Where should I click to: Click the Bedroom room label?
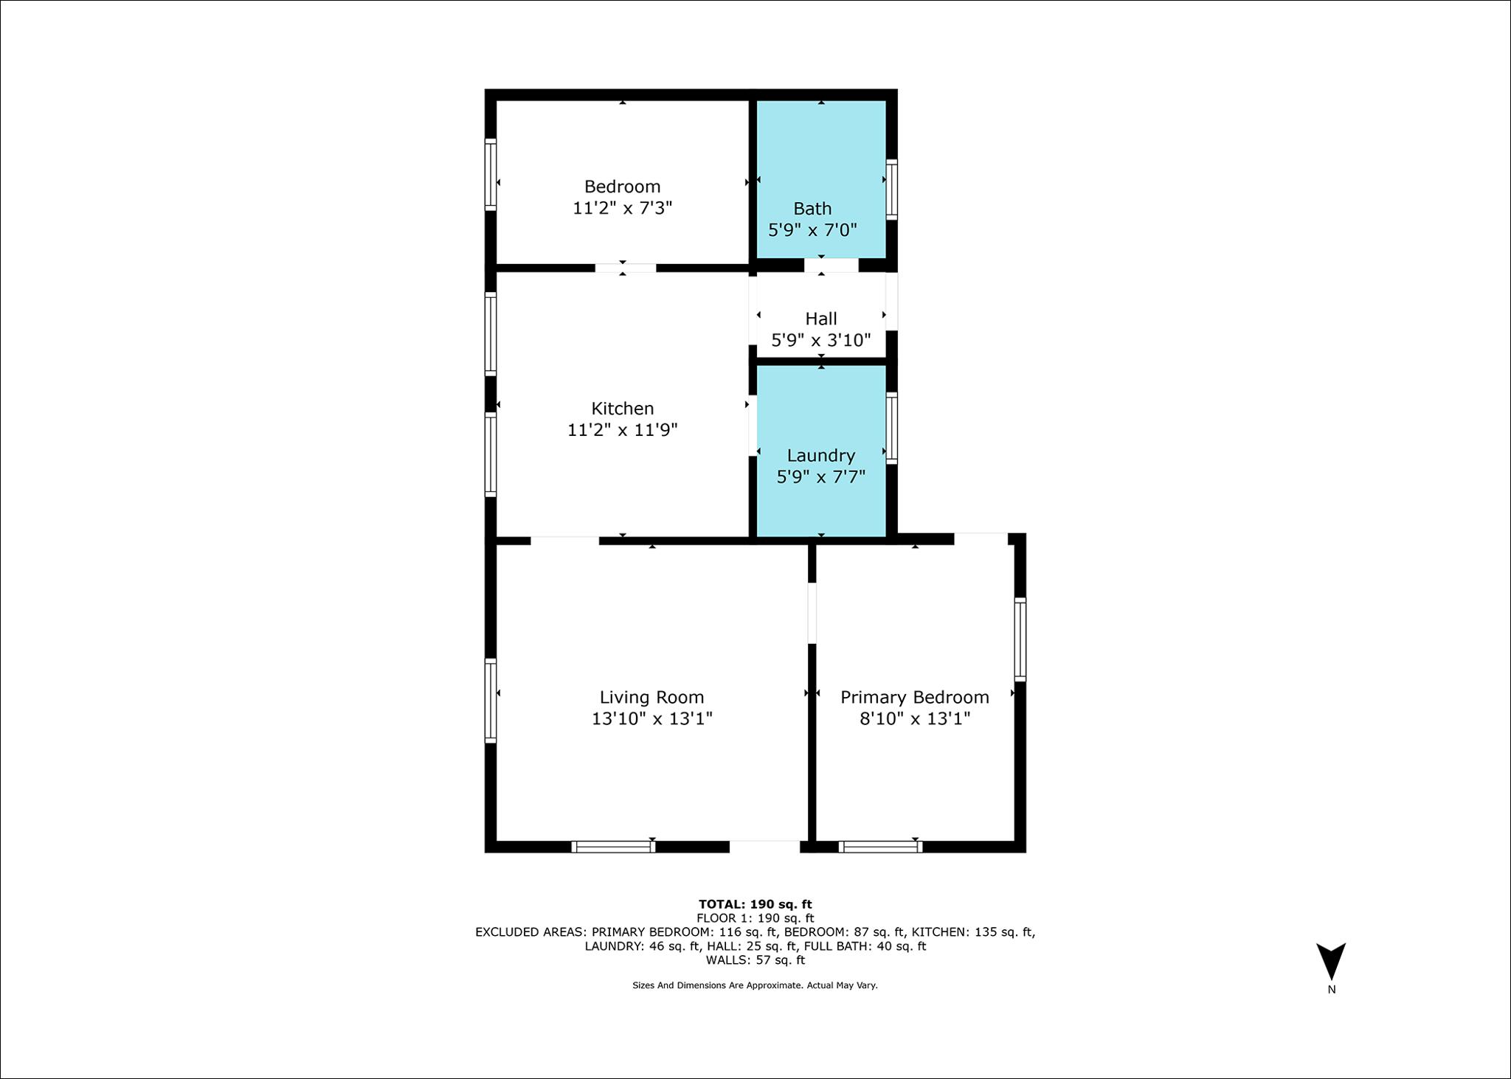point(622,187)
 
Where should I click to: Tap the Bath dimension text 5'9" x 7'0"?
point(812,230)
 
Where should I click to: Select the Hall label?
point(820,319)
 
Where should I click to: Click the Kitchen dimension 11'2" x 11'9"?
point(622,430)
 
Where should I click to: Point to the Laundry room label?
point(820,456)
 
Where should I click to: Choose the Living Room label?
point(651,697)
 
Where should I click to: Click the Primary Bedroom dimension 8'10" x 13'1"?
point(914,718)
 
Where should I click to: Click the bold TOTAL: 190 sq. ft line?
point(755,904)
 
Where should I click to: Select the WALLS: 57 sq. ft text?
point(755,960)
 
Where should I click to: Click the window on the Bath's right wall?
point(891,190)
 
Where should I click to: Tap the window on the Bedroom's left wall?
point(490,175)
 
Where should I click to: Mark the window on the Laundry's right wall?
point(891,429)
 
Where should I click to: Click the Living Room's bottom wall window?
point(613,847)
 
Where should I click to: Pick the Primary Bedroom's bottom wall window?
point(880,847)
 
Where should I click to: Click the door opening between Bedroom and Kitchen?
point(625,268)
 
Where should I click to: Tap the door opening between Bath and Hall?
point(831,266)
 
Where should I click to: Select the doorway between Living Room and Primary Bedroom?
point(812,614)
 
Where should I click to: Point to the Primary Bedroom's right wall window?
point(1020,639)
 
